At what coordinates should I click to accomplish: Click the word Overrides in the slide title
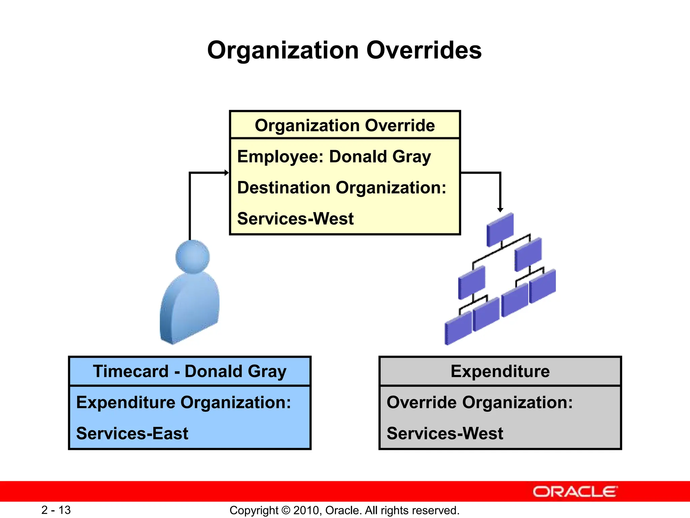point(424,51)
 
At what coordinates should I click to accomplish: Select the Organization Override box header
point(345,125)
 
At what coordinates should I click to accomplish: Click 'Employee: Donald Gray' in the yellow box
point(334,157)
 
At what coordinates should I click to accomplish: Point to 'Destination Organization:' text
point(342,188)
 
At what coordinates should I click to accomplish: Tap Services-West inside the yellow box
point(295,219)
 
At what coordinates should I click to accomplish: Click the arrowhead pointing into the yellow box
point(227,173)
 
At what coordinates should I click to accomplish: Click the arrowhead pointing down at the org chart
point(500,209)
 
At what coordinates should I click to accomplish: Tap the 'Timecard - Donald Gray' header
point(190,371)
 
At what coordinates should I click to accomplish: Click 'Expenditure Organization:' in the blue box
point(184,403)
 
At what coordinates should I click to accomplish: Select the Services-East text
point(132,434)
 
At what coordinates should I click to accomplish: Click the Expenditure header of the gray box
point(500,371)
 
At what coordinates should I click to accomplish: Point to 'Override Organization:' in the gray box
point(479,403)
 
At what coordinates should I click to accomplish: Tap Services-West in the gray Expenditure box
point(445,434)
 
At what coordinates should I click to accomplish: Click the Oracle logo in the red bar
point(575,492)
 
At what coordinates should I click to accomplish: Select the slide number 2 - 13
point(56,510)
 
